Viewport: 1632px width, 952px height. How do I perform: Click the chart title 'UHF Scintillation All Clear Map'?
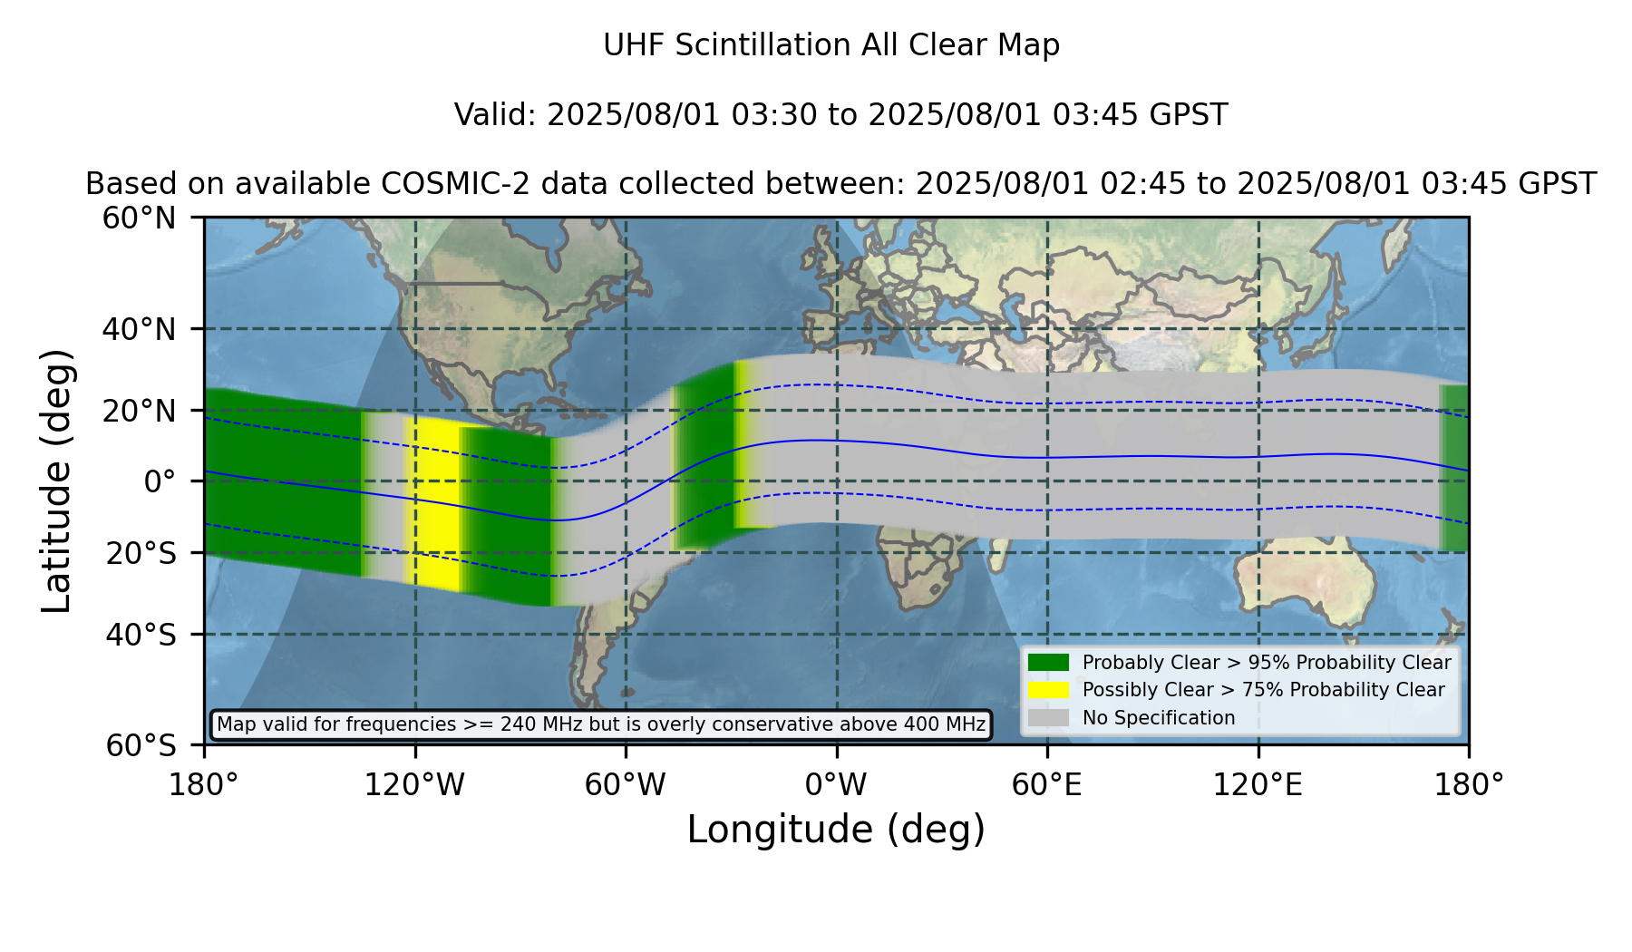[x=831, y=45]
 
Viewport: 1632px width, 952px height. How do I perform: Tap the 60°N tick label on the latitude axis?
[x=139, y=219]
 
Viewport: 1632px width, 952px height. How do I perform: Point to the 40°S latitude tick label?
[x=141, y=635]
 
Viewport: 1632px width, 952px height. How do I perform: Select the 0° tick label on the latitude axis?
[x=160, y=481]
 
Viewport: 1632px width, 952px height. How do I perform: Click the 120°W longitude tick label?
[x=414, y=785]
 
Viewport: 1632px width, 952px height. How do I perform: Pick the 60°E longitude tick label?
[x=1047, y=785]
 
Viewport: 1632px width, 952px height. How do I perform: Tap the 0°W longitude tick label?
[x=836, y=785]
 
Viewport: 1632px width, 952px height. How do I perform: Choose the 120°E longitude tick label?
[x=1258, y=785]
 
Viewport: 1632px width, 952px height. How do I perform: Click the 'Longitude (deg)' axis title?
[x=836, y=830]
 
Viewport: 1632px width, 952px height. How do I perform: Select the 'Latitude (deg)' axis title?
[x=56, y=481]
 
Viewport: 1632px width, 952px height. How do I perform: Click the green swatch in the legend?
[x=1049, y=663]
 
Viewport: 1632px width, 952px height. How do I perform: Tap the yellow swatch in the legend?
[x=1049, y=690]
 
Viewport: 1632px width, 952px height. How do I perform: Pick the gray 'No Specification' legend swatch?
[x=1049, y=718]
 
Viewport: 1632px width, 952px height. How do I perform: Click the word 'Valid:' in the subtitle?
[x=496, y=115]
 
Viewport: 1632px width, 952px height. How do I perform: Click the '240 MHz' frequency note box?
[x=601, y=724]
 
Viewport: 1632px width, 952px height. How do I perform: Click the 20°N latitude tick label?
[x=139, y=411]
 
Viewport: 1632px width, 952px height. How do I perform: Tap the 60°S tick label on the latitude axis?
[x=141, y=745]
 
